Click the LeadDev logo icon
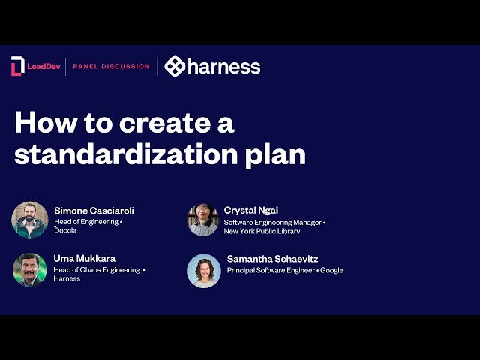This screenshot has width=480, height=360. [17, 66]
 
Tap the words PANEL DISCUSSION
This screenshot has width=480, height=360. [111, 66]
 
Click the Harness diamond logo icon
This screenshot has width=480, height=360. [175, 66]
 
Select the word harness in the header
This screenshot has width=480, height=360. [224, 66]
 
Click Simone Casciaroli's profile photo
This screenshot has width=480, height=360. [30, 220]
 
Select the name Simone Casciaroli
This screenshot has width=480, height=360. [94, 211]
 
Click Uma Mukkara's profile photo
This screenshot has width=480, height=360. [30, 269]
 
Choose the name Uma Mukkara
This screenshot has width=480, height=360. [85, 259]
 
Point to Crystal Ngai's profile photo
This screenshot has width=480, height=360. [202, 220]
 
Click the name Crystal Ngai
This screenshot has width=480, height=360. [252, 211]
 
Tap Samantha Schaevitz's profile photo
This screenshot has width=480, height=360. [203, 271]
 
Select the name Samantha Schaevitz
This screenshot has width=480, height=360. [272, 259]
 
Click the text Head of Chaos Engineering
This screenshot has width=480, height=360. [97, 269]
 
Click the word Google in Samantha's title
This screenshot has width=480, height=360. [331, 270]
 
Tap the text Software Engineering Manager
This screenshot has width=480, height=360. [271, 222]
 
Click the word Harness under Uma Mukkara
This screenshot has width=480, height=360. [67, 278]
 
